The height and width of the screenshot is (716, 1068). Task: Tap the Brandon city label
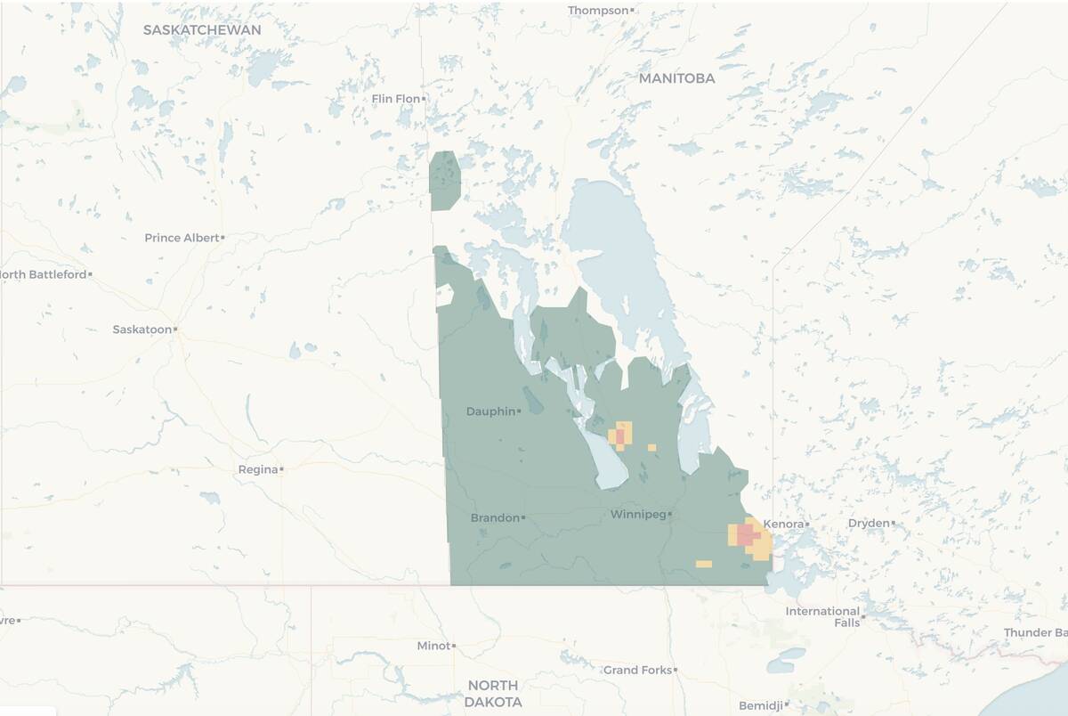pyautogui.click(x=495, y=517)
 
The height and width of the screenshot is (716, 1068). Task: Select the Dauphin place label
pyautogui.click(x=490, y=411)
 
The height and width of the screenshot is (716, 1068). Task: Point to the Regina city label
pyautogui.click(x=257, y=469)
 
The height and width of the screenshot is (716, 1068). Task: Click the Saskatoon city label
pyautogui.click(x=142, y=330)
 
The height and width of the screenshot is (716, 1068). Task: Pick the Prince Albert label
pyautogui.click(x=182, y=238)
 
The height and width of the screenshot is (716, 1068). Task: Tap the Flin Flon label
pyautogui.click(x=395, y=99)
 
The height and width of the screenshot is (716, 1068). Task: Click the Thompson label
pyautogui.click(x=598, y=11)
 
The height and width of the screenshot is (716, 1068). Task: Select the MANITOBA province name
pyautogui.click(x=676, y=78)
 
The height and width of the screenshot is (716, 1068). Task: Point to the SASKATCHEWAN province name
pyautogui.click(x=202, y=30)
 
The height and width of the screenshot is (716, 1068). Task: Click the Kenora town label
pyautogui.click(x=784, y=524)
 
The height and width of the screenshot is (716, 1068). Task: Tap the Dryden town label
pyautogui.click(x=868, y=523)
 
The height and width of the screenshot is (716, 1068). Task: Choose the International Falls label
pyautogui.click(x=823, y=616)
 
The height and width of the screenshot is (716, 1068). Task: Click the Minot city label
pyautogui.click(x=433, y=646)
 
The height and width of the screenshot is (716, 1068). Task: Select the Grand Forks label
pyautogui.click(x=637, y=670)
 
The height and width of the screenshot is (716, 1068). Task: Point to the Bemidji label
pyautogui.click(x=761, y=705)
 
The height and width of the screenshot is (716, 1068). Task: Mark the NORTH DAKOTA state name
pyautogui.click(x=493, y=693)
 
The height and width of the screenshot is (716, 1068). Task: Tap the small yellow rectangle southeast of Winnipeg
pyautogui.click(x=703, y=564)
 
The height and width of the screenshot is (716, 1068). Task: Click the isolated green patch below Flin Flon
pyautogui.click(x=445, y=180)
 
